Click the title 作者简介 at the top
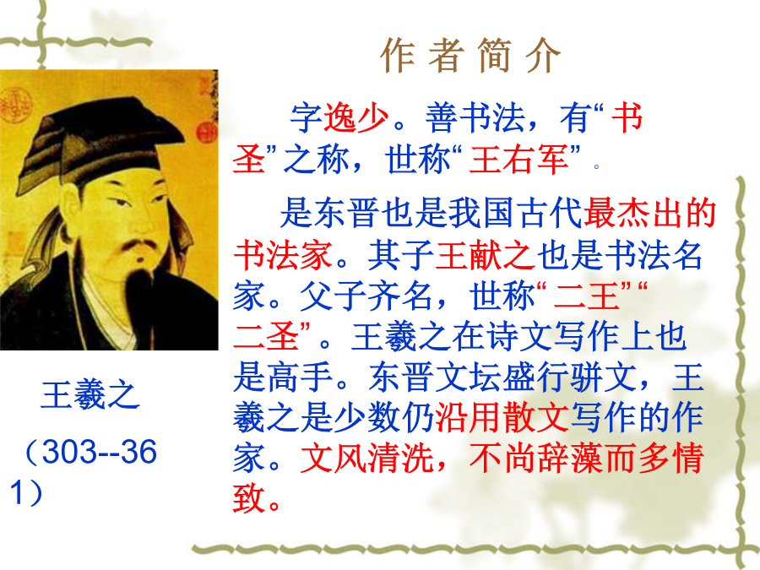pyautogui.click(x=470, y=55)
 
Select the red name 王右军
pyautogui.click(x=518, y=160)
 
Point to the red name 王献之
pyautogui.click(x=486, y=255)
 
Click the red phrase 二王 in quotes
pyautogui.click(x=586, y=296)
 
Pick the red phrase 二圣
pyautogui.click(x=266, y=336)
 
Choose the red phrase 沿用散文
pyautogui.click(x=502, y=417)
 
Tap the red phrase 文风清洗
pyautogui.click(x=367, y=458)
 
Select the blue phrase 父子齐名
pyautogui.click(x=366, y=296)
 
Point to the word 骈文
pyautogui.click(x=601, y=377)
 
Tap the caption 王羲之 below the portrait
pyautogui.click(x=90, y=395)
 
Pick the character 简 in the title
pyautogui.click(x=494, y=55)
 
